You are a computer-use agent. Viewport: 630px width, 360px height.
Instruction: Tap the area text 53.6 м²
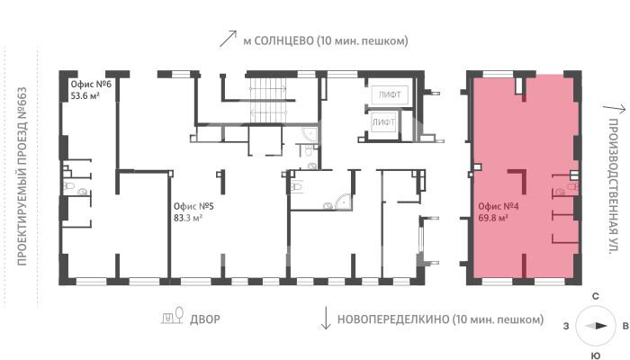pyautogui.click(x=86, y=94)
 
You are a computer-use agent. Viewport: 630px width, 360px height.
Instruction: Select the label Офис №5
pyautogui.click(x=193, y=205)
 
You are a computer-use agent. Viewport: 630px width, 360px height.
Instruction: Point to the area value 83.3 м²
pyautogui.click(x=188, y=217)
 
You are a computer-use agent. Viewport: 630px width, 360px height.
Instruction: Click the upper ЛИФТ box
pyautogui.click(x=388, y=94)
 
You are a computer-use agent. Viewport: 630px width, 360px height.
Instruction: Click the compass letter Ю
pyautogui.click(x=595, y=353)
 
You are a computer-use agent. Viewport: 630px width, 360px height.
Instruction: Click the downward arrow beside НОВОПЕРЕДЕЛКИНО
pyautogui.click(x=325, y=318)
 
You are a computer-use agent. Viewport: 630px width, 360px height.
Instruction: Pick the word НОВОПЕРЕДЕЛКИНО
pyautogui.click(x=392, y=319)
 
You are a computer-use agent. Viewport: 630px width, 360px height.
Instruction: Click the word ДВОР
pyautogui.click(x=205, y=319)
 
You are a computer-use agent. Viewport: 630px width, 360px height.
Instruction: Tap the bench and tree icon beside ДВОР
pyautogui.click(x=172, y=317)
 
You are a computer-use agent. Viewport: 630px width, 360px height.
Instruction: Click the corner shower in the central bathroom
pyautogui.click(x=342, y=202)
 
